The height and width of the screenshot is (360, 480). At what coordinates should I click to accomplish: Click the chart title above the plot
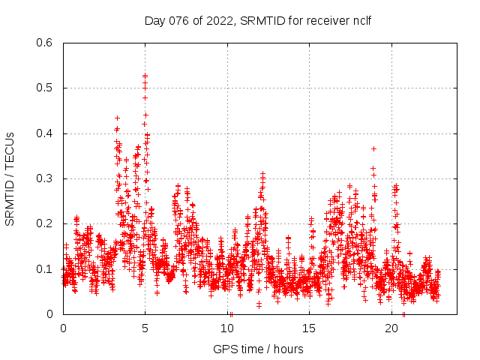(257, 20)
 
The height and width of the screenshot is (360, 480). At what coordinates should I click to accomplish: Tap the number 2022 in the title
(217, 20)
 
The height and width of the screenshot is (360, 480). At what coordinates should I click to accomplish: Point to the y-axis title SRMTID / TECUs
(10, 178)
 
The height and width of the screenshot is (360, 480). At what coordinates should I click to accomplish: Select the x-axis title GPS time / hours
(258, 349)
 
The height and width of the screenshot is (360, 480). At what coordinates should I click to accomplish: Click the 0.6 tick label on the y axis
(46, 43)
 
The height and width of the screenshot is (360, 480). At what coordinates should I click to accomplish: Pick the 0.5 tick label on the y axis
(46, 88)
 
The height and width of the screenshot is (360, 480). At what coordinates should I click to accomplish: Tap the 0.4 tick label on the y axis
(46, 133)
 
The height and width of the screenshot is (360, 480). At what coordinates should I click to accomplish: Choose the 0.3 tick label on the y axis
(46, 178)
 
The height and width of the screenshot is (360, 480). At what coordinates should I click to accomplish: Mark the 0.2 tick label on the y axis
(46, 223)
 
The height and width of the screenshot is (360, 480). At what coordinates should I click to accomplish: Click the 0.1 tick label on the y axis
(46, 269)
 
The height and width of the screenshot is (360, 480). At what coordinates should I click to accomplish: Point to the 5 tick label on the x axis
(145, 328)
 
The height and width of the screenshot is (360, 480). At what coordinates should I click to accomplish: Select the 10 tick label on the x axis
(227, 328)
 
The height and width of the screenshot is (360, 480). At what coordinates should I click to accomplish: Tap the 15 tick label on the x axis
(310, 328)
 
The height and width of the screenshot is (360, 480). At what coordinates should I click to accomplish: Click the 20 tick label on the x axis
(392, 328)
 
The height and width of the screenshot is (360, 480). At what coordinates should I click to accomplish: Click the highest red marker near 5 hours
(145, 76)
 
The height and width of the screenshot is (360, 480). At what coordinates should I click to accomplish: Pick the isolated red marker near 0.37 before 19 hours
(373, 148)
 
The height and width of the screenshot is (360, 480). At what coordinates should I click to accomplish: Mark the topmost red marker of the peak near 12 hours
(262, 174)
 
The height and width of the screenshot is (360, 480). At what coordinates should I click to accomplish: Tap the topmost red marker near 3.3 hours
(117, 118)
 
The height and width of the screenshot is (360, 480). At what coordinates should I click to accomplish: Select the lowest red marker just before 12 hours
(259, 305)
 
